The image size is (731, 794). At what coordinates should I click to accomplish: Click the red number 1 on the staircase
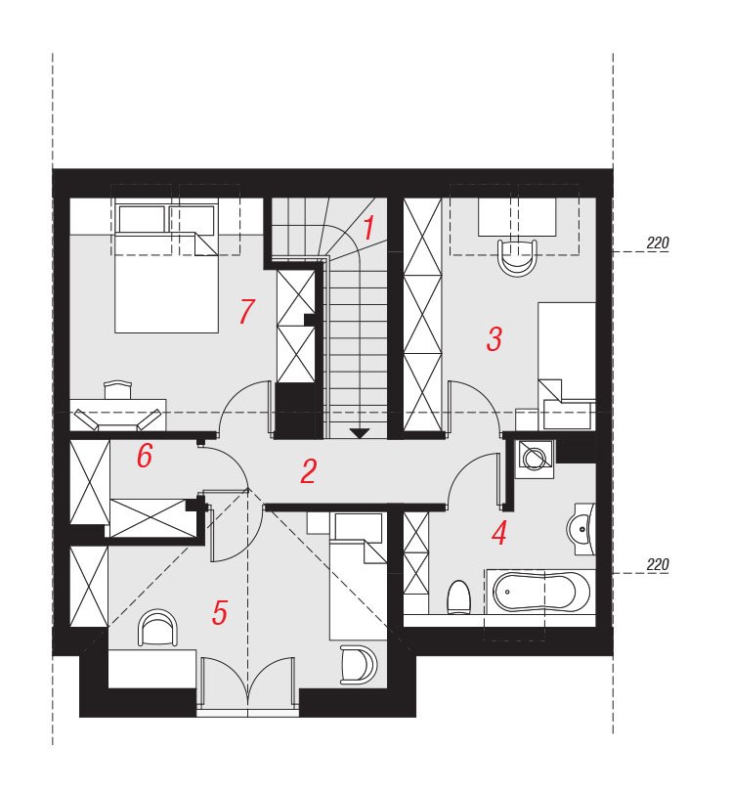(x=368, y=228)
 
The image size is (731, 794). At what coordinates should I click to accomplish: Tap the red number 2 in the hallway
(x=308, y=471)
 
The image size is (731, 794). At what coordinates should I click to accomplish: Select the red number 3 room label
(x=494, y=338)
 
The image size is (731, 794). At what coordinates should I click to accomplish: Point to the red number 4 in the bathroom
(x=499, y=533)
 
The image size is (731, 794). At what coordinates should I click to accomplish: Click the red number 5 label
(x=220, y=613)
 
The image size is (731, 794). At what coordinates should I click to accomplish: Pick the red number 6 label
(x=145, y=456)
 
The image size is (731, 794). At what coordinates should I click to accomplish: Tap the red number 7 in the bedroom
(x=246, y=311)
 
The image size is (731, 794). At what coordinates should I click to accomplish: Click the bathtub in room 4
(x=540, y=591)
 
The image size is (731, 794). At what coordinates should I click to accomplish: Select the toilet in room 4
(x=459, y=597)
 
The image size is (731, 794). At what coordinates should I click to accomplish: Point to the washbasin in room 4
(x=581, y=529)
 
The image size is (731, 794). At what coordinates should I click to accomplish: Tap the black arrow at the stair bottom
(x=360, y=432)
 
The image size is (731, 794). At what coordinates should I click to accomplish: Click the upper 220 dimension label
(x=658, y=243)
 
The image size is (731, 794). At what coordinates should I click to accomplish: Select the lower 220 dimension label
(x=658, y=564)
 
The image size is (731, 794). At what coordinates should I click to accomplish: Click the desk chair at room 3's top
(x=517, y=257)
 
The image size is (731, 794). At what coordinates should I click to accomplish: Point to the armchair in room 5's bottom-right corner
(x=359, y=664)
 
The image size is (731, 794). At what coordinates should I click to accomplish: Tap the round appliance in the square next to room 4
(x=533, y=459)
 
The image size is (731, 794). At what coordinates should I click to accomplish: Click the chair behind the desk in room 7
(x=117, y=390)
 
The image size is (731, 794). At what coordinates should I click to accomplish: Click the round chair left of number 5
(x=158, y=627)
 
